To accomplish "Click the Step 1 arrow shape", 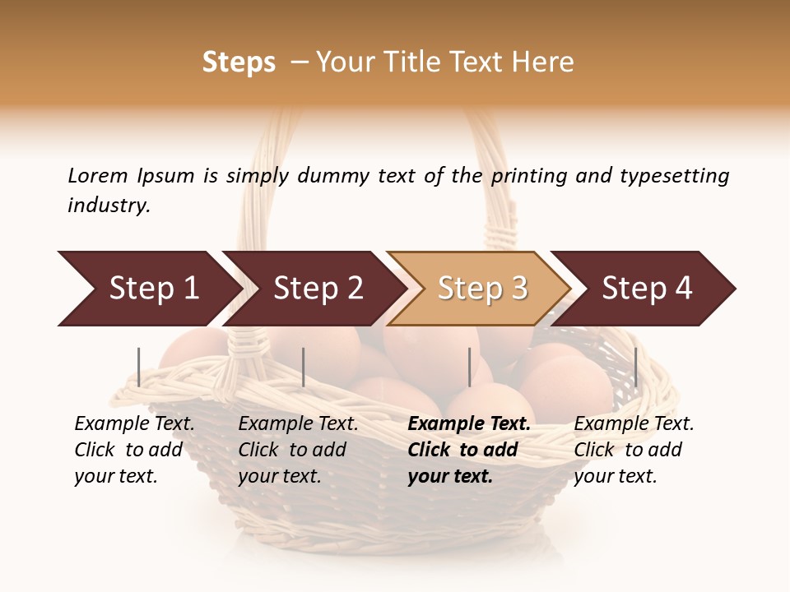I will (148, 289).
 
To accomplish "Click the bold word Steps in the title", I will (239, 62).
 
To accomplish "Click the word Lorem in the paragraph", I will (97, 175).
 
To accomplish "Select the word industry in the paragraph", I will (109, 206).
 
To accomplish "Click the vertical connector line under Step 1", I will (139, 367).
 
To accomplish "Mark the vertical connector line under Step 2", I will (304, 367).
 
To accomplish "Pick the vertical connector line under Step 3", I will (470, 367).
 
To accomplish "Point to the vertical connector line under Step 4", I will (636, 367).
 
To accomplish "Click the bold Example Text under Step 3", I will (469, 424).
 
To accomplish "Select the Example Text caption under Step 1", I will (134, 424).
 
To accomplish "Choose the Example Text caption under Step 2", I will (298, 424).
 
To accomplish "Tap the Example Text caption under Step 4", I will (634, 424).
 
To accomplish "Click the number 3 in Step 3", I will (518, 289).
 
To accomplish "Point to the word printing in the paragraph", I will (527, 176).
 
